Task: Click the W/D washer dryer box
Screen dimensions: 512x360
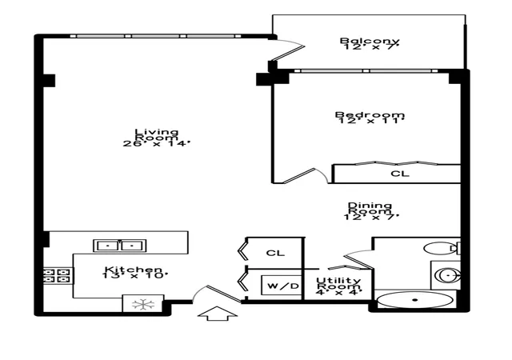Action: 281,286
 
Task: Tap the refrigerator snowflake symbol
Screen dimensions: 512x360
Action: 143,305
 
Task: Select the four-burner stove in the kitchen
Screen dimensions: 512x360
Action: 58,276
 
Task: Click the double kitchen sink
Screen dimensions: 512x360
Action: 119,246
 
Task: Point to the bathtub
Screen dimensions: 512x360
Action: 414,299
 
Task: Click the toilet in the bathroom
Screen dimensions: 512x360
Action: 442,248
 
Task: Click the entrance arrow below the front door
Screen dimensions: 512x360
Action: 217,314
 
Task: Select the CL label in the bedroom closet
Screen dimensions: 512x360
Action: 400,174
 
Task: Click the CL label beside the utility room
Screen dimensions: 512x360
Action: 275,253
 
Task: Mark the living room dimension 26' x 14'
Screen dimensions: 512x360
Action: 157,143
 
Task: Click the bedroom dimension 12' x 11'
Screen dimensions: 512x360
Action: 370,121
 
